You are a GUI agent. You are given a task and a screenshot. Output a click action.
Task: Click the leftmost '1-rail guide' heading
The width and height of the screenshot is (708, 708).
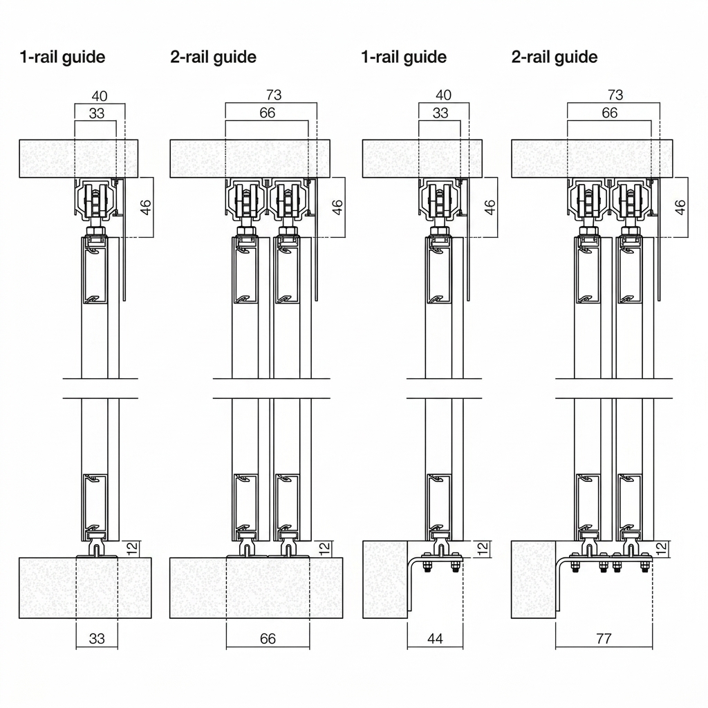click(62, 57)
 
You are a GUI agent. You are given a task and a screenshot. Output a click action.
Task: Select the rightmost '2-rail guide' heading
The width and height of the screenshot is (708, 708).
click(555, 57)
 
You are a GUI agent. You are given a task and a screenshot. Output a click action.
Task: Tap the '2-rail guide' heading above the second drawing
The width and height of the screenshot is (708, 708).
click(213, 57)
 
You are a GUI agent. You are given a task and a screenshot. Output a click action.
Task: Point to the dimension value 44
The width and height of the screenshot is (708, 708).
click(435, 638)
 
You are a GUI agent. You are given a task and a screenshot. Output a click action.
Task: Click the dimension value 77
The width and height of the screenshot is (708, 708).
click(604, 638)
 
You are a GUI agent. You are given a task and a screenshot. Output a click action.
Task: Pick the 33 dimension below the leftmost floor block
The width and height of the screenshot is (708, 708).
click(97, 638)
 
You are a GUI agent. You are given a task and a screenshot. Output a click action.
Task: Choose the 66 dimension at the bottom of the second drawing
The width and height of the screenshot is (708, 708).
click(268, 638)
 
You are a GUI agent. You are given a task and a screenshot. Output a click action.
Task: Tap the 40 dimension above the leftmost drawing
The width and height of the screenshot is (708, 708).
click(100, 96)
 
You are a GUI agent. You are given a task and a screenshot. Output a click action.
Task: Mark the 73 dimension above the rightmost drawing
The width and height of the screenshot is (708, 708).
click(615, 95)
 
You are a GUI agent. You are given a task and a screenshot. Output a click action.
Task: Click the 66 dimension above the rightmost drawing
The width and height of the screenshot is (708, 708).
click(610, 113)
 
